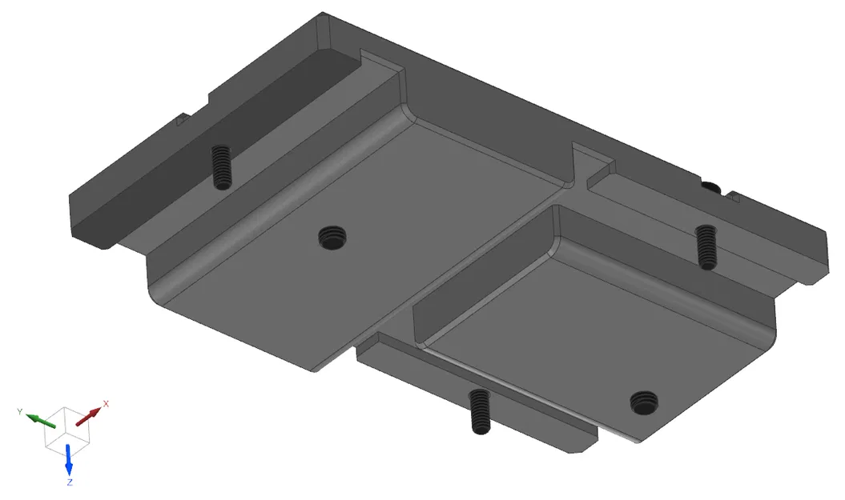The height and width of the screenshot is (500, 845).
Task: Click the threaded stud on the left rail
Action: (x=221, y=166)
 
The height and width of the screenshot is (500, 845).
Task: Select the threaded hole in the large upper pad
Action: (x=333, y=236)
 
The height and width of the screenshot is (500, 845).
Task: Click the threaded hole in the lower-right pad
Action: (x=644, y=402)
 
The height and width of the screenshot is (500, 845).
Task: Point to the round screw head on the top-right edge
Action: (x=711, y=187)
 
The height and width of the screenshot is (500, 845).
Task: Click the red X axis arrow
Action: (x=90, y=415)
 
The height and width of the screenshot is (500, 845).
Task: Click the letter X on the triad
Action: (x=106, y=404)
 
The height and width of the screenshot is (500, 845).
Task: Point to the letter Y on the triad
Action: (x=19, y=411)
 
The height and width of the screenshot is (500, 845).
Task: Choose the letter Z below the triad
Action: (x=70, y=482)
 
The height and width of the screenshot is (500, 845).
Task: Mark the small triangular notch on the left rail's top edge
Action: (x=181, y=122)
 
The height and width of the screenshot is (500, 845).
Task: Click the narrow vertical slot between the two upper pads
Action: (x=575, y=164)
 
